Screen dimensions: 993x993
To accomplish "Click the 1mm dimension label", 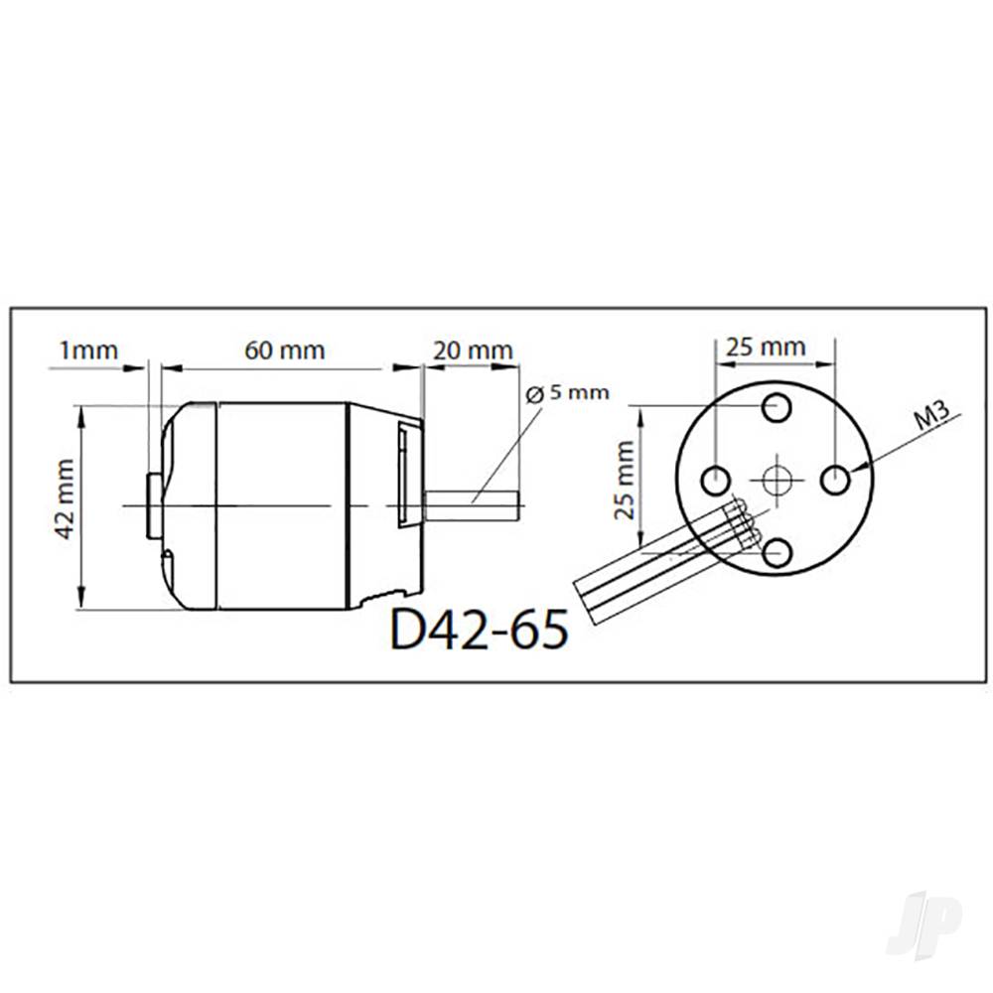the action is pos(88,351).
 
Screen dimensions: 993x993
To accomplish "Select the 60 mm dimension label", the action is pos(285,351).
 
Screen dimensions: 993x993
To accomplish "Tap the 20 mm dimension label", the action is pos(473,351).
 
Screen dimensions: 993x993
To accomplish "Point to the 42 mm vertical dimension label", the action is pos(66,499).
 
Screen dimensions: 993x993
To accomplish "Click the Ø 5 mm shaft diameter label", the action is pos(567,392).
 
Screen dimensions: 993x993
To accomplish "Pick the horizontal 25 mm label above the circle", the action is pos(766,347).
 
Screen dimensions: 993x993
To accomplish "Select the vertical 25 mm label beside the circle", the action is pos(625,480).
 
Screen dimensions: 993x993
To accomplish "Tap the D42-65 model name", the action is pos(480,629).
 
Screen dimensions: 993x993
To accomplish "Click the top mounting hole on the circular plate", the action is pos(777,407).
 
